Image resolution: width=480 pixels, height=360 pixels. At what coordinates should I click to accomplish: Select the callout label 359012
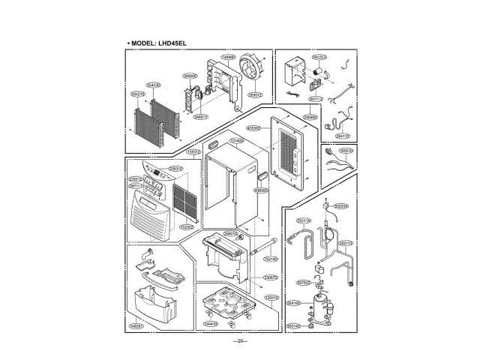[x=255, y=95]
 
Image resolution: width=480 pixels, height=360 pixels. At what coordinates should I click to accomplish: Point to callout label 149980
[x=229, y=57]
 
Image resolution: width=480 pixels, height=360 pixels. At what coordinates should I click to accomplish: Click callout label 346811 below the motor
[x=200, y=117]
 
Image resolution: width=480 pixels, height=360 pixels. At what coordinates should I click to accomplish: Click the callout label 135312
[x=193, y=152]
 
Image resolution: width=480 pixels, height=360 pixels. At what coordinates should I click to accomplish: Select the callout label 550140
[x=293, y=326]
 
